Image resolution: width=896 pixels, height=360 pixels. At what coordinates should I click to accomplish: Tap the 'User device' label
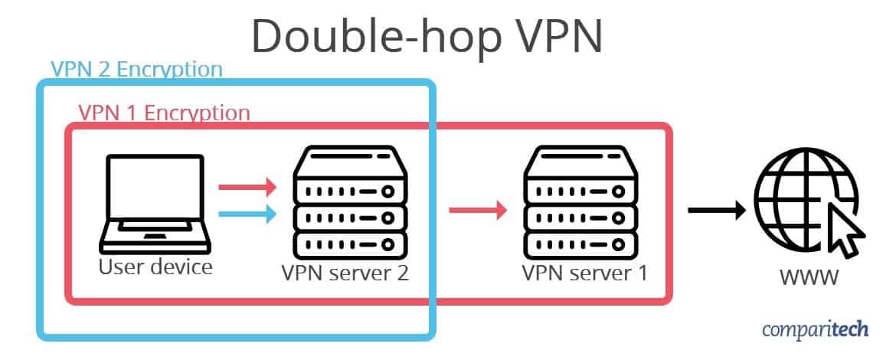point(155,267)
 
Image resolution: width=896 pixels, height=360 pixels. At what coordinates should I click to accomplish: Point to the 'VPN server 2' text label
point(345,273)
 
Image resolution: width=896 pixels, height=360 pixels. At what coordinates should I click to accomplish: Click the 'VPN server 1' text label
point(584,273)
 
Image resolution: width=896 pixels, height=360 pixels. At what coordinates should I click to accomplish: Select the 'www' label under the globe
point(809,278)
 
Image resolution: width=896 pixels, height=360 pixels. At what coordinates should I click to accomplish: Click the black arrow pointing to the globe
point(717,211)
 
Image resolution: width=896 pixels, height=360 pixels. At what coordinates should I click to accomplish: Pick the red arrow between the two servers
point(479,211)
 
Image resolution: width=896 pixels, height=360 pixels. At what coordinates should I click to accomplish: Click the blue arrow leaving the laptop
point(248,214)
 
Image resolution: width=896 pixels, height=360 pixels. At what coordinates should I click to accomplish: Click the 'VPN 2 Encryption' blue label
point(136,69)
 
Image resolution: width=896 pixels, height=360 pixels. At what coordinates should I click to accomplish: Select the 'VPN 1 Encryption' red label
point(164,113)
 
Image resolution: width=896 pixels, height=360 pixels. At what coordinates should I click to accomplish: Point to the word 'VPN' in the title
point(560,35)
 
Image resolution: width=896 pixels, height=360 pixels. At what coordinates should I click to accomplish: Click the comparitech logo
point(816,329)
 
